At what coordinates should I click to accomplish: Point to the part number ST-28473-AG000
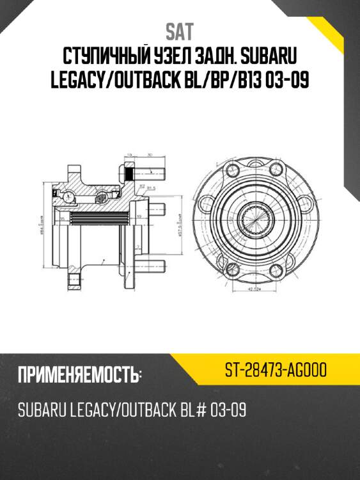point(276,370)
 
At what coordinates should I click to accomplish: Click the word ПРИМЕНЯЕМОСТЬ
point(80,375)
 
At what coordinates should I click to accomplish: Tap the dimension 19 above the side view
point(129,155)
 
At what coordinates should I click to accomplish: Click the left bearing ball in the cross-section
point(67,194)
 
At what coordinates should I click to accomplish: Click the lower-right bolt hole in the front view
point(279,269)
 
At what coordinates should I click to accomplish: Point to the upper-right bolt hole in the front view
point(279,171)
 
